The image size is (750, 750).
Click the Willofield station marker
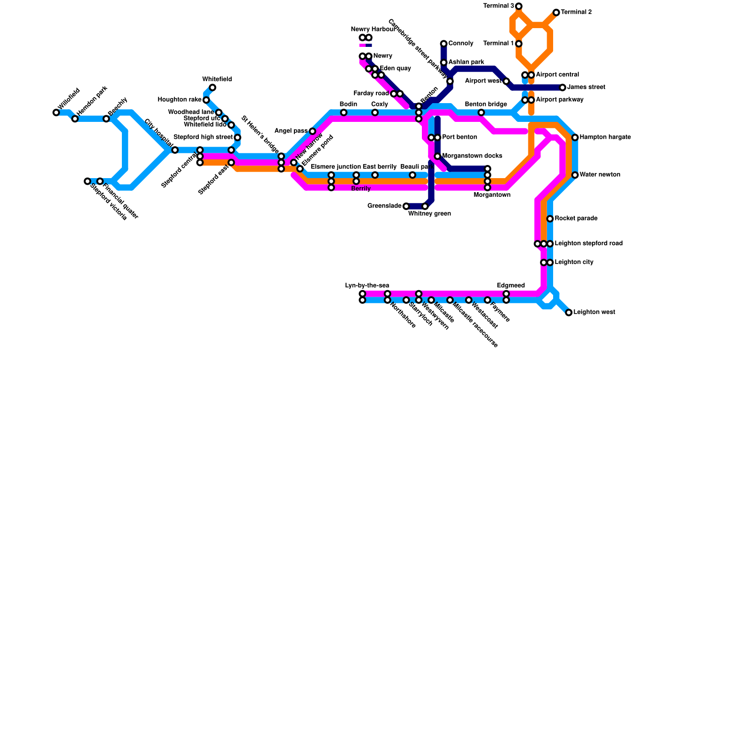click(x=56, y=112)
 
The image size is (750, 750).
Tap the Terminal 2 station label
click(x=576, y=12)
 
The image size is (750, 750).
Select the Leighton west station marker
click(x=569, y=313)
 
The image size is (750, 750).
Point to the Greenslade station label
click(x=384, y=206)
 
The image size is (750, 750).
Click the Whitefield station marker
click(x=212, y=88)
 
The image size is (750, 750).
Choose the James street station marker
click(x=562, y=88)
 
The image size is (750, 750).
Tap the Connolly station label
click(x=460, y=44)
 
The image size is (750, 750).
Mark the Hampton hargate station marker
click(x=575, y=137)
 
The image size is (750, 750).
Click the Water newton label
click(x=600, y=175)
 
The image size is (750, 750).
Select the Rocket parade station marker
click(x=550, y=219)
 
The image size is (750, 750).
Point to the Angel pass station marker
click(x=313, y=131)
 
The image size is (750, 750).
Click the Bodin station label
click(x=348, y=104)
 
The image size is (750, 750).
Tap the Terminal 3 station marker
click(x=518, y=6)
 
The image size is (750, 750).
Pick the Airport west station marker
click(x=506, y=82)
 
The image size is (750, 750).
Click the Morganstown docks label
click(x=472, y=156)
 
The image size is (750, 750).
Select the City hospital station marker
click(x=175, y=150)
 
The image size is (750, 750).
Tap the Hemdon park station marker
click(x=75, y=119)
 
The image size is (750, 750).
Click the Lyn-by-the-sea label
click(x=367, y=285)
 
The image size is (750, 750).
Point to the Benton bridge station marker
click(x=481, y=112)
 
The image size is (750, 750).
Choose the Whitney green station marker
click(x=425, y=206)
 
